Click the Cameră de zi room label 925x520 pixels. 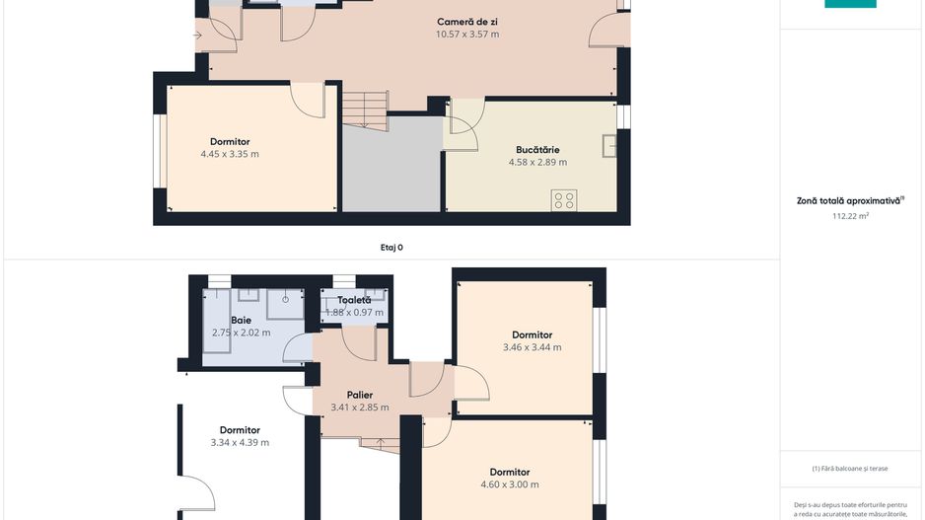tap(466, 22)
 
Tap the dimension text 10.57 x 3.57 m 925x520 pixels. tap(466, 35)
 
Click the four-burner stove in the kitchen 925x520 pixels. tap(564, 200)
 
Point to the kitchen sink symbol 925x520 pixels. tap(612, 146)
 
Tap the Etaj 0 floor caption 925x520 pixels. tap(391, 248)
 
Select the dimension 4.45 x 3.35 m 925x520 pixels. tap(229, 154)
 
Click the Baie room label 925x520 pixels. tap(241, 320)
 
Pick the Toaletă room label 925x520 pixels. tap(354, 300)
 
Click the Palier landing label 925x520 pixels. tap(359, 395)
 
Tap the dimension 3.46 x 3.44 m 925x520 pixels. tap(532, 347)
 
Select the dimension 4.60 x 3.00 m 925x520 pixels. tap(510, 484)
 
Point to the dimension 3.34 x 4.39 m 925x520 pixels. tap(240, 443)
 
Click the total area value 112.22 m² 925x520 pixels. tap(850, 214)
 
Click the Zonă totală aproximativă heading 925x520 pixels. tap(850, 200)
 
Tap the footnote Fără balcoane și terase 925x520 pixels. tap(851, 469)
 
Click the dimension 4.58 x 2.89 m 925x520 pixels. tap(537, 163)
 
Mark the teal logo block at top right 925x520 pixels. tap(850, 4)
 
